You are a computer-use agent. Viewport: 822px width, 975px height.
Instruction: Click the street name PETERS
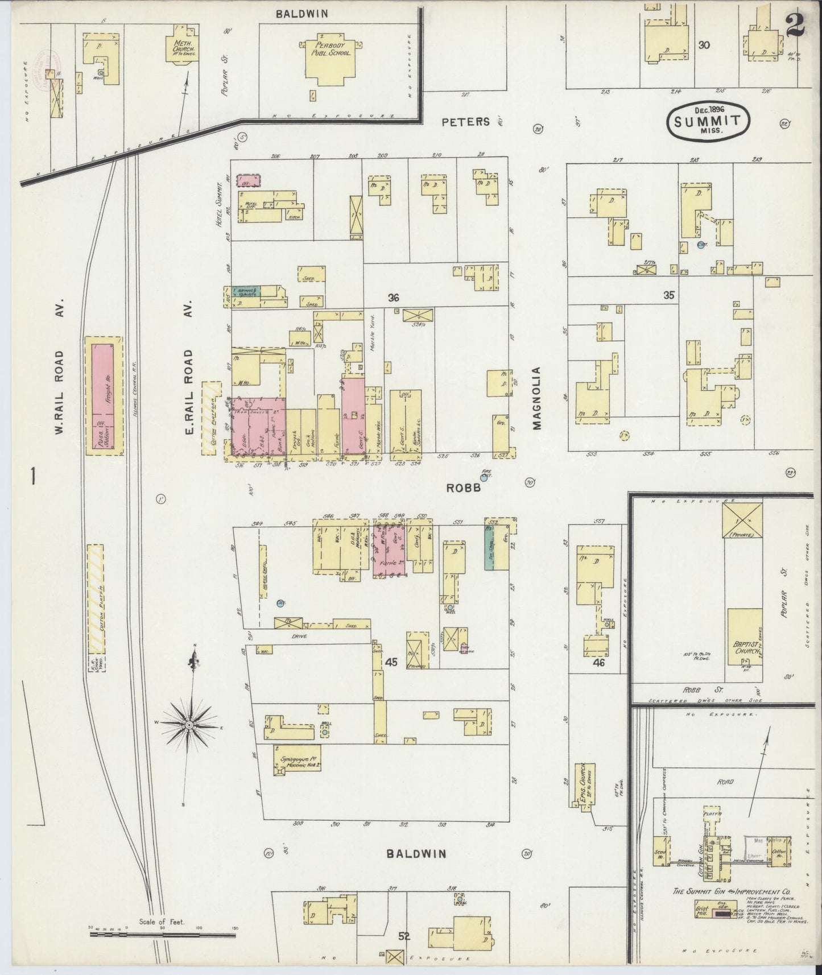pos(465,121)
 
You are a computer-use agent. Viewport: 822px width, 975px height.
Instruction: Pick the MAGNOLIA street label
pos(535,396)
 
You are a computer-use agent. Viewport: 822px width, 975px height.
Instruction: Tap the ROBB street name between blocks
pos(463,487)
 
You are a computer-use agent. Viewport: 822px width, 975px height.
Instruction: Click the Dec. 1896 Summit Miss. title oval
pos(707,120)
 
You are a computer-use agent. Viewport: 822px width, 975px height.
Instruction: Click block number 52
pos(404,935)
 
